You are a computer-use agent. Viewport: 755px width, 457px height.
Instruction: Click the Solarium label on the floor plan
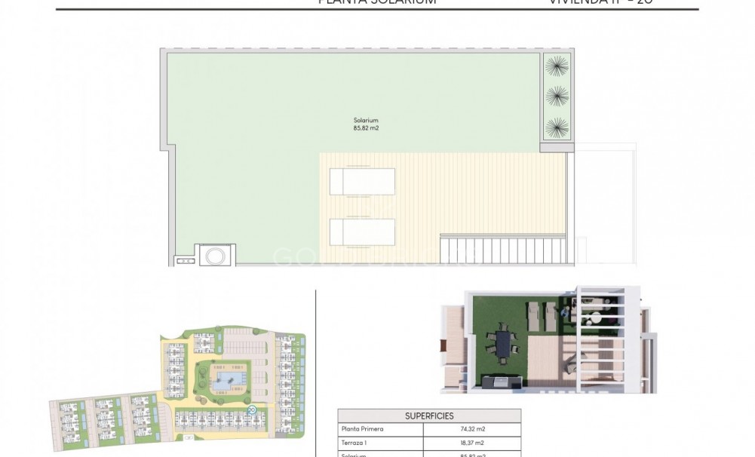365,120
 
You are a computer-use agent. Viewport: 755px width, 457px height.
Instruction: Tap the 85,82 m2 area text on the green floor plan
365,128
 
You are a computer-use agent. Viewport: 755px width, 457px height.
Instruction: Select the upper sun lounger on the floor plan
362,182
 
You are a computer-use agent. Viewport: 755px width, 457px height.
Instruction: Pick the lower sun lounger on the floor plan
362,232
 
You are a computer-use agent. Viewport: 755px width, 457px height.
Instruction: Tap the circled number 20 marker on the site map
251,410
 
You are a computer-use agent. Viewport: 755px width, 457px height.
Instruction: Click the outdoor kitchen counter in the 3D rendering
499,382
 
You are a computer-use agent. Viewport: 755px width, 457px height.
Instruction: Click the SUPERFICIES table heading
428,416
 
